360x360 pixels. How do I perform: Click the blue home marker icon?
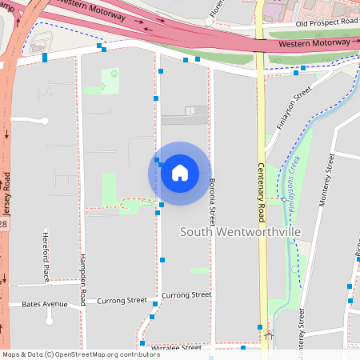[x=180, y=173]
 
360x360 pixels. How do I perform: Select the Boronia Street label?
[x=213, y=200]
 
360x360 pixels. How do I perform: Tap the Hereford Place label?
[x=46, y=256]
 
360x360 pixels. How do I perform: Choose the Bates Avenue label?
[x=45, y=304]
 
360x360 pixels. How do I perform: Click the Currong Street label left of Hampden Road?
[x=122, y=301]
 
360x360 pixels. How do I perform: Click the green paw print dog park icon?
[x=114, y=73]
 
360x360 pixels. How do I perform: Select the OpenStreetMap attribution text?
[x=70, y=354]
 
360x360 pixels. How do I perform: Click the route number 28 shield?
[x=3, y=224]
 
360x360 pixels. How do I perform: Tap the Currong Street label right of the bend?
[x=186, y=295]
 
